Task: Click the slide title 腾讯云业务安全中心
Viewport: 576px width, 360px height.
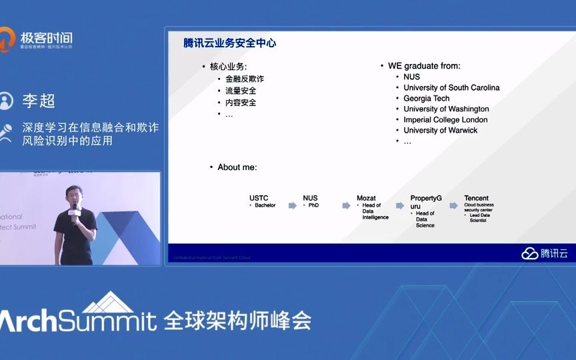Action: pos(230,43)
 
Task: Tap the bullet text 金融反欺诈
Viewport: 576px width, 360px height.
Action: pos(244,79)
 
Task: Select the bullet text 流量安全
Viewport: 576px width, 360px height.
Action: pos(240,91)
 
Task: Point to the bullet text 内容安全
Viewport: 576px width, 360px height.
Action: pos(240,103)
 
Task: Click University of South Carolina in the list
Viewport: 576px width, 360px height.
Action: pos(451,87)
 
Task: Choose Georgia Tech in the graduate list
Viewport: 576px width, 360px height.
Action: pos(426,98)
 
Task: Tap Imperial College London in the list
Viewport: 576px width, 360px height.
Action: pos(445,119)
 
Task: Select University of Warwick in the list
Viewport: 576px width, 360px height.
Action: pos(440,130)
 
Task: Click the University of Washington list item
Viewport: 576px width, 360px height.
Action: pos(446,109)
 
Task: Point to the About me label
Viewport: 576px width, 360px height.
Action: pos(237,167)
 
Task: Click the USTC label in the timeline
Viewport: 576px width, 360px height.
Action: pos(259,198)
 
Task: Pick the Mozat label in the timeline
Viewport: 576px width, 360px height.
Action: pos(366,198)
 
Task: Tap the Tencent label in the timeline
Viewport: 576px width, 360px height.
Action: pos(476,198)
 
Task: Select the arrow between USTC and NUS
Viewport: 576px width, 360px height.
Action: pos(292,205)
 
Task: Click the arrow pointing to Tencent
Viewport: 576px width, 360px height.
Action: pos(454,205)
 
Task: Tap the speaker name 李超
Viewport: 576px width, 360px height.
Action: pos(38,101)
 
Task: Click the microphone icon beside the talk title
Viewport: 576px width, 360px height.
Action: pos(7,133)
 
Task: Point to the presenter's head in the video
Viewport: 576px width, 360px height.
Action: pos(73,193)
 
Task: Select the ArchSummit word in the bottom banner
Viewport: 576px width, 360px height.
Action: pos(77,321)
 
